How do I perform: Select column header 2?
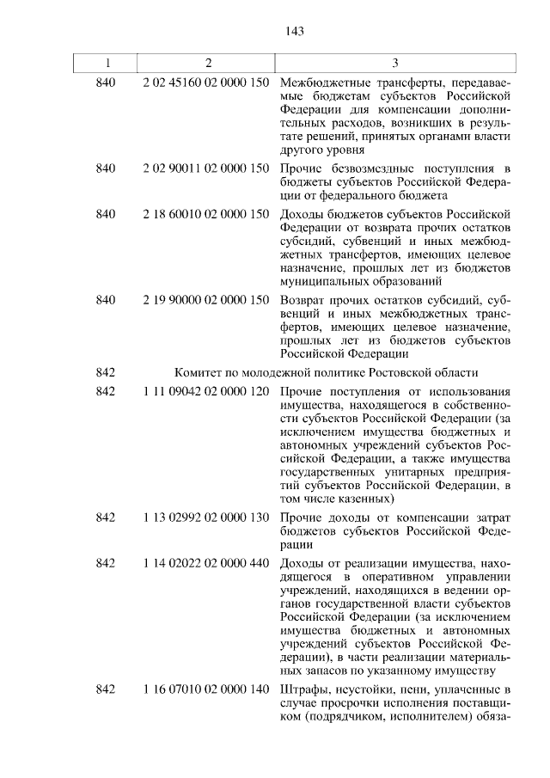(x=206, y=63)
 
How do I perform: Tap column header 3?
(x=394, y=63)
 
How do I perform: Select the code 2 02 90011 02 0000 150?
(x=206, y=167)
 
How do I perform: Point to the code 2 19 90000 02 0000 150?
(x=206, y=299)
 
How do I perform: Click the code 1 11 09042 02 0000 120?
(x=206, y=392)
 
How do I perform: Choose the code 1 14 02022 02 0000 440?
(x=206, y=562)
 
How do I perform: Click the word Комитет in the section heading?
(x=199, y=371)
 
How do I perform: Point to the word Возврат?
(x=304, y=299)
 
